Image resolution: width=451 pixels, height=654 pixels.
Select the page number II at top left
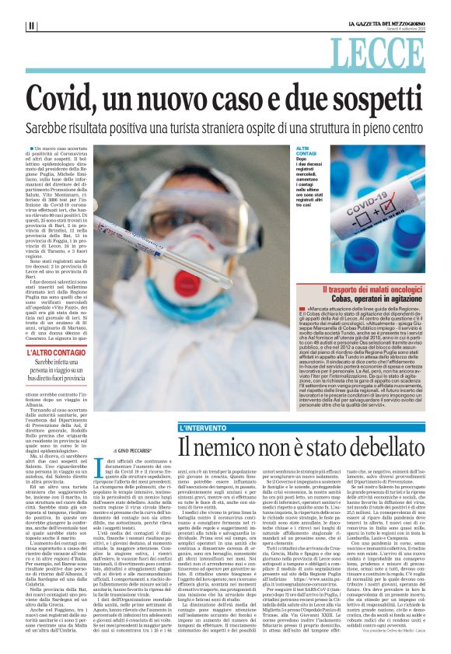point(31,25)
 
